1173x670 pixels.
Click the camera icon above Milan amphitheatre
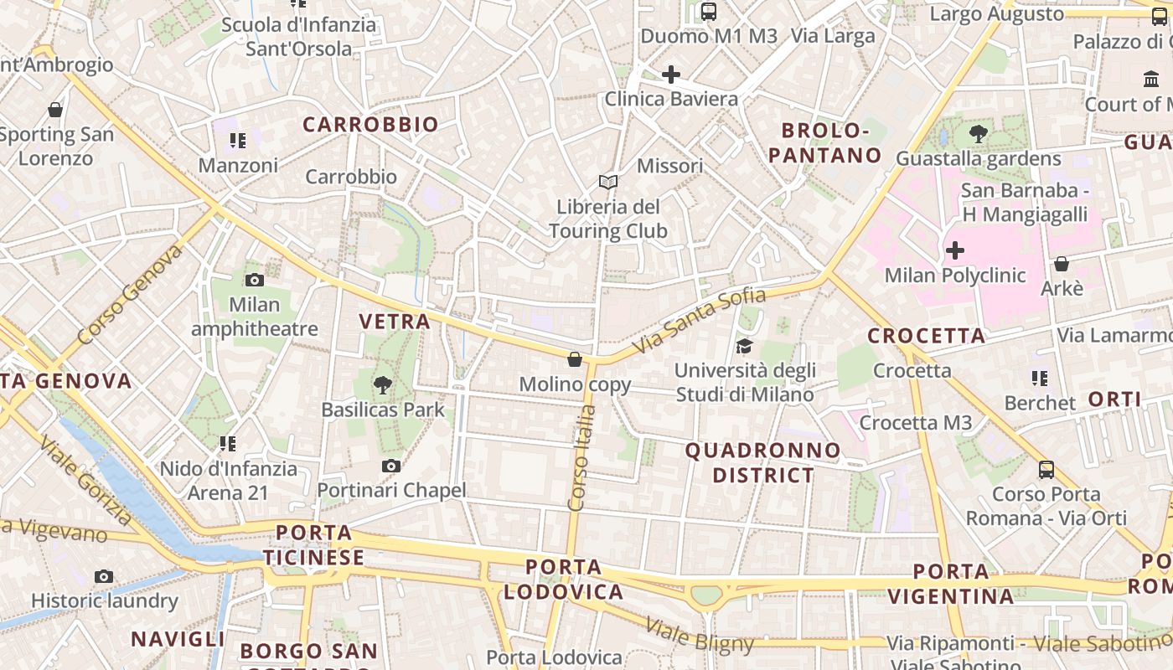255,281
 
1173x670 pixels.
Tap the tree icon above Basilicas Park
383,385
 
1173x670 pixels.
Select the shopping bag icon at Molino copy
575,359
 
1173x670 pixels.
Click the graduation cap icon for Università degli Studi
743,346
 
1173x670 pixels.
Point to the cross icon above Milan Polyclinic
955,250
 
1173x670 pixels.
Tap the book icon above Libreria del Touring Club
608,182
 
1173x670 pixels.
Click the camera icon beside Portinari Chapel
390,466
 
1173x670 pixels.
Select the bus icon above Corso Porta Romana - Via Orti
1046,469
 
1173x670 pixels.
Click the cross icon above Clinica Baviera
671,75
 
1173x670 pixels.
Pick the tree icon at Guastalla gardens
978,133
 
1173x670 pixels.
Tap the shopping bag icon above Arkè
1062,264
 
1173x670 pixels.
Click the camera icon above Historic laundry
104,576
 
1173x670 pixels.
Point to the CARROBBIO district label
370,125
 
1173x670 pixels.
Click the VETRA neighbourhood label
395,321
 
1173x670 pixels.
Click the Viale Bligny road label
699,634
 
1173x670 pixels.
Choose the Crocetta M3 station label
916,423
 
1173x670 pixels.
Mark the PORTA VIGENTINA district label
951,585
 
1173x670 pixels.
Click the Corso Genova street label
130,296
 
